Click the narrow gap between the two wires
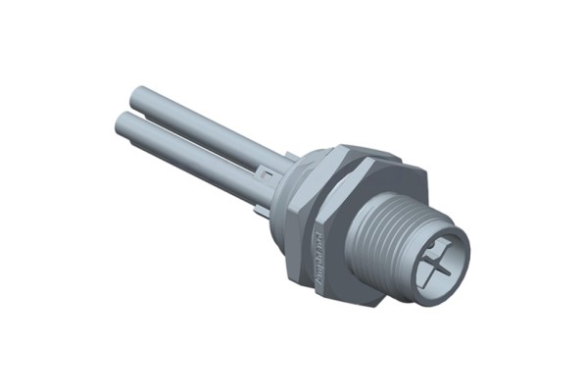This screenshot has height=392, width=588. tap(196, 135)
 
